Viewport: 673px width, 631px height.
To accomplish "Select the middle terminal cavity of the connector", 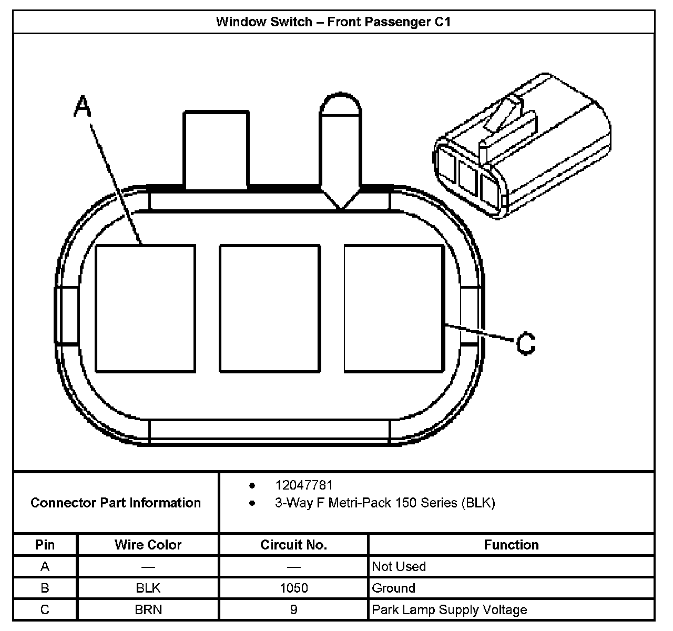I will point(270,309).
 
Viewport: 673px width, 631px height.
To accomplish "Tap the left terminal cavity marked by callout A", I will point(145,309).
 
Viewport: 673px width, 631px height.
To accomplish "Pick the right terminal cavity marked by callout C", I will point(394,309).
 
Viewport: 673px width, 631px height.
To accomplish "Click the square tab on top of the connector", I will point(216,149).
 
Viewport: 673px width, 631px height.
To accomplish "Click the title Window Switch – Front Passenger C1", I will point(333,22).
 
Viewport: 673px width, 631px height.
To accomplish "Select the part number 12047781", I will point(303,485).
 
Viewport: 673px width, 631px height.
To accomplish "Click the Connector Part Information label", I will point(116,503).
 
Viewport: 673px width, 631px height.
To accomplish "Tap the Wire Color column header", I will point(148,545).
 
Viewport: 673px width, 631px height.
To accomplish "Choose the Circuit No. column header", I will point(293,545).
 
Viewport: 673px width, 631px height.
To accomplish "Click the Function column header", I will point(511,545).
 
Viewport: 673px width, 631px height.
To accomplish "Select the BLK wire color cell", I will point(148,588).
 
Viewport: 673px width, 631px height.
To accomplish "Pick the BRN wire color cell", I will point(148,609).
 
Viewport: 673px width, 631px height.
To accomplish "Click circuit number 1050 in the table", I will point(293,588).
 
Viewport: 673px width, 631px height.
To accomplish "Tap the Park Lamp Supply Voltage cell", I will point(449,609).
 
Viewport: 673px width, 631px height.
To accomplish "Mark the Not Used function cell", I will point(399,566).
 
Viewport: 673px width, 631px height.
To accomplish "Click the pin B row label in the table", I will point(45,588).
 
